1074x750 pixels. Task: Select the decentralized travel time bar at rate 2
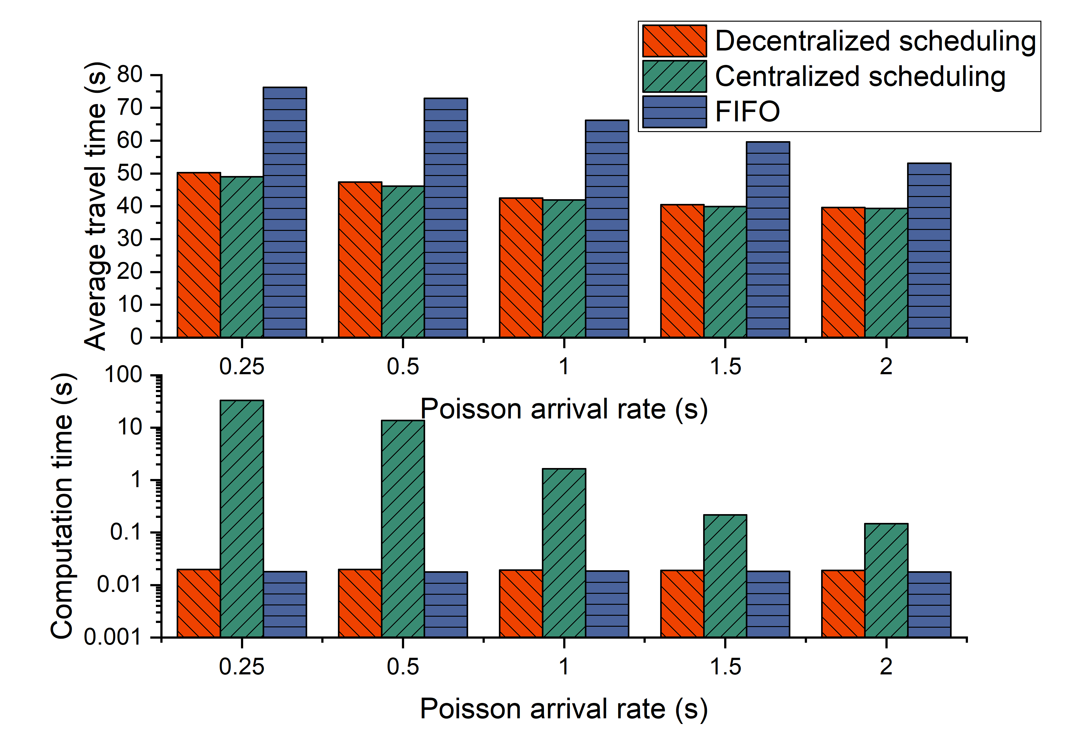click(x=843, y=272)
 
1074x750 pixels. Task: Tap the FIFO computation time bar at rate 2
click(x=929, y=604)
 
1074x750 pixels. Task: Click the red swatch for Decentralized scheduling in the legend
click(x=674, y=41)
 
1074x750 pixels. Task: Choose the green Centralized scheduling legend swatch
click(x=674, y=76)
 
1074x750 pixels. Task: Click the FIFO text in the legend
click(x=747, y=112)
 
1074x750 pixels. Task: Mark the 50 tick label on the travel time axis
click(x=130, y=173)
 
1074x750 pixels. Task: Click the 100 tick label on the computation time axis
click(x=123, y=375)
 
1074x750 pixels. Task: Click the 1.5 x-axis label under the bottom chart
click(x=725, y=667)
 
